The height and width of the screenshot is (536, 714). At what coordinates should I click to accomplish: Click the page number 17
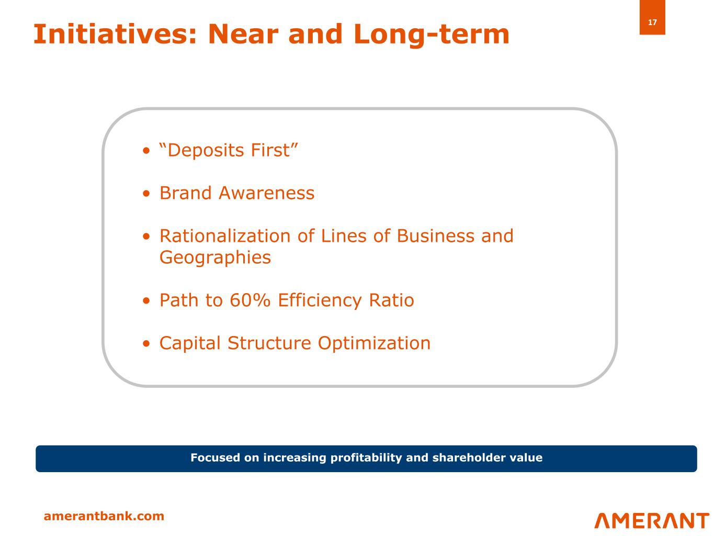click(x=652, y=22)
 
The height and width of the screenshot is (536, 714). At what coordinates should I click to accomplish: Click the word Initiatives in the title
click(x=115, y=34)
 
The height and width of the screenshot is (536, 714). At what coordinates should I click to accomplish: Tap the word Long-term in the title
click(x=432, y=35)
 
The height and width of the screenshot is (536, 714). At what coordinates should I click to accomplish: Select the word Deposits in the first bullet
click(x=206, y=150)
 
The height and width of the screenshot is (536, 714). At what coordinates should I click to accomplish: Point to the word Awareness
click(x=266, y=193)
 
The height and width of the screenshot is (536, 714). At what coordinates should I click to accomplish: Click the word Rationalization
click(x=225, y=236)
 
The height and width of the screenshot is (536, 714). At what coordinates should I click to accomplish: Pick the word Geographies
click(x=215, y=258)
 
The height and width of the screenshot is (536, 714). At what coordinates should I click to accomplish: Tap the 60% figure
click(x=250, y=300)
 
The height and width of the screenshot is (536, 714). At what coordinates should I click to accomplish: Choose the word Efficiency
click(x=320, y=300)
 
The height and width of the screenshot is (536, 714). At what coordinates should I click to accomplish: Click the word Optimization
click(x=374, y=343)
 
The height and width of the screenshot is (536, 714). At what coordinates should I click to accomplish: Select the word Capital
click(x=190, y=343)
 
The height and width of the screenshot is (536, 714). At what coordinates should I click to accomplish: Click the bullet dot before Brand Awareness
click(x=146, y=194)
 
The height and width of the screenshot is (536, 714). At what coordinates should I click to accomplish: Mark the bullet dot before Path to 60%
click(x=146, y=300)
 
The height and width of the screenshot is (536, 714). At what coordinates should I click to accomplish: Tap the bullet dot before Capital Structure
click(x=146, y=343)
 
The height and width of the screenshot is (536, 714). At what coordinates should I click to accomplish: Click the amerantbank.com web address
click(x=104, y=516)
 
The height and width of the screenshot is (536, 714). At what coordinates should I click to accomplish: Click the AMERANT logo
click(x=652, y=520)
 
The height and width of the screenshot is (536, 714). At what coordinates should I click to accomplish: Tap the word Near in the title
click(x=243, y=34)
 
